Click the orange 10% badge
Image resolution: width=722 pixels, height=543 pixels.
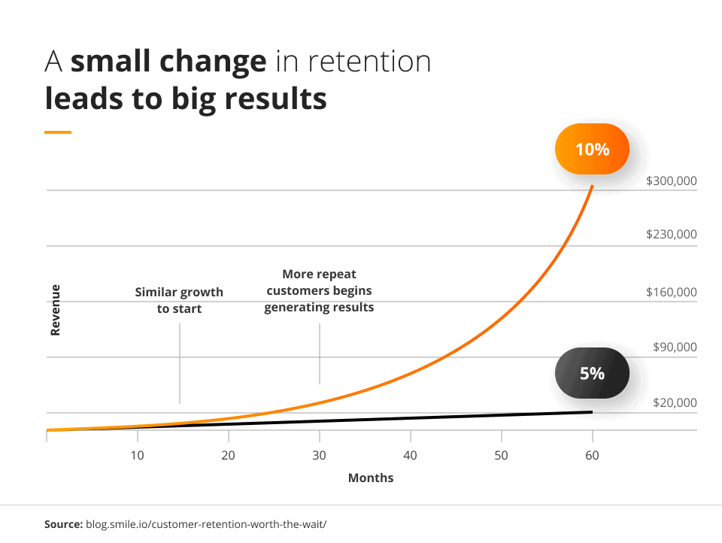(592, 150)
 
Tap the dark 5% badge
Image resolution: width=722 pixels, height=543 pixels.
(592, 373)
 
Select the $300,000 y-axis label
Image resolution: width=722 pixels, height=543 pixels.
(672, 181)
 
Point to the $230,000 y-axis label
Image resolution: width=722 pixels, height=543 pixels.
(672, 235)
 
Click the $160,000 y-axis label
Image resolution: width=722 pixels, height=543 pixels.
(672, 293)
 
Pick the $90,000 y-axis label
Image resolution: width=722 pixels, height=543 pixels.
(675, 347)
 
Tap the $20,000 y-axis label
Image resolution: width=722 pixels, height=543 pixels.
(675, 403)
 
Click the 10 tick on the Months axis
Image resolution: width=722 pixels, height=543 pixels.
(137, 455)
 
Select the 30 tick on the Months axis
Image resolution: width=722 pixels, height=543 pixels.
(320, 455)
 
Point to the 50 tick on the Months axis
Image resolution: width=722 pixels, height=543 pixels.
(502, 455)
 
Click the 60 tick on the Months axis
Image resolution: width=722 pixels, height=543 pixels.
(593, 455)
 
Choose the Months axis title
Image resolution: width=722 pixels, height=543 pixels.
(371, 478)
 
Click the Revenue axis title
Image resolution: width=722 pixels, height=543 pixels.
(56, 309)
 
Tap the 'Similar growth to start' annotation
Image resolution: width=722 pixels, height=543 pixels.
(179, 300)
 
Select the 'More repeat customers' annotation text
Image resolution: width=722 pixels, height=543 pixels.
(319, 291)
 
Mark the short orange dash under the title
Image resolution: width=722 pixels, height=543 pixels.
(58, 132)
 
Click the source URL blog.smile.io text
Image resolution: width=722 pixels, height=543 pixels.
(206, 522)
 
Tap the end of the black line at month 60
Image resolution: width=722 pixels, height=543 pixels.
(592, 411)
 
